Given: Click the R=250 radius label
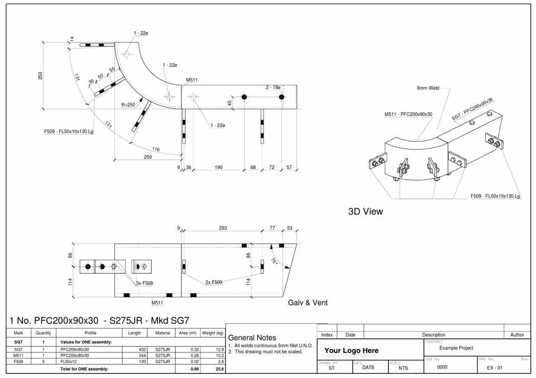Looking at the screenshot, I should point(128,105).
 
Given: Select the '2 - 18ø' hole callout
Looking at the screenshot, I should point(273,87).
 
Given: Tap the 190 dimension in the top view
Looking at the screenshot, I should point(218,167).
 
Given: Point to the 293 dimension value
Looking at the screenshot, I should point(223,228).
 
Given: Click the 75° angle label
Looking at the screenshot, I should point(274,260).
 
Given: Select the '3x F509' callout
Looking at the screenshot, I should point(144,283).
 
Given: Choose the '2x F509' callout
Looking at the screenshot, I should point(213,282).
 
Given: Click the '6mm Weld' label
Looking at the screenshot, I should point(428,88).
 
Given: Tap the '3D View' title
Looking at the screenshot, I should point(365,211).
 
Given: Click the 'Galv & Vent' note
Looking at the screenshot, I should point(308,303).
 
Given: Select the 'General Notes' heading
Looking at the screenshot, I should point(252,337).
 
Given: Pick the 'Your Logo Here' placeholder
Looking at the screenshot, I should point(351,351).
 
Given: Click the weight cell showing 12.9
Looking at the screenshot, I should point(219,349).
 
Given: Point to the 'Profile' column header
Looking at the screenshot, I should point(90,333).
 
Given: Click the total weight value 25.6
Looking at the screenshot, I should point(219,369).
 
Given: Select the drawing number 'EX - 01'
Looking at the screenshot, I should point(495,368).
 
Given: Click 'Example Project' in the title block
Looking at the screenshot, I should point(456,348).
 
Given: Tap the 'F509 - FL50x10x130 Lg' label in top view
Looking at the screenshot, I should point(69,132).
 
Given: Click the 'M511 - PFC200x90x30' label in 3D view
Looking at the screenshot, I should point(408,114).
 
